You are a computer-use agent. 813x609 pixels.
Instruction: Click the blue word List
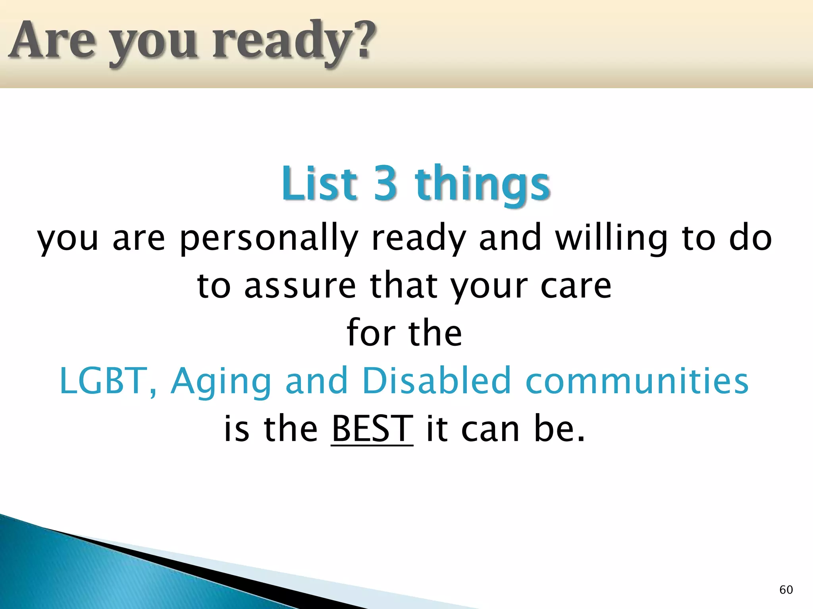pos(319,183)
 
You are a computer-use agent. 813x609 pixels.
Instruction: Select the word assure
pos(300,286)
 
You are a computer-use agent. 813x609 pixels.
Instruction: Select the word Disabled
pos(437,381)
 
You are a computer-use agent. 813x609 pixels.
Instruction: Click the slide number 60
pos(786,590)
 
